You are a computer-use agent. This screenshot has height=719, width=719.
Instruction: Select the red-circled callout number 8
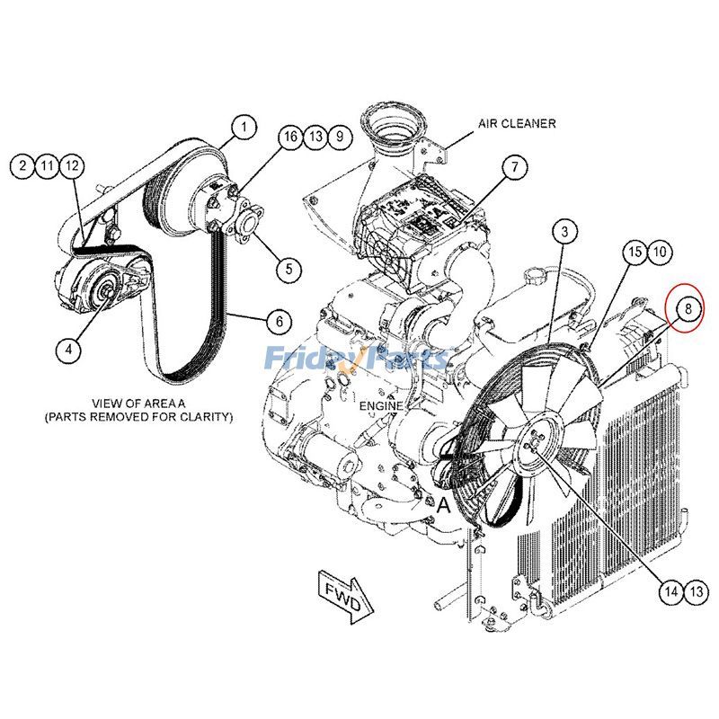click(x=687, y=310)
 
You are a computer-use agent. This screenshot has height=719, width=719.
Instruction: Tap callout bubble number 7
click(x=514, y=167)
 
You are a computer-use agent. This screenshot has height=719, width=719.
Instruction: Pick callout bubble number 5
click(x=289, y=267)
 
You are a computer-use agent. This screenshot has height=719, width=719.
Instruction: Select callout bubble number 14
click(x=670, y=590)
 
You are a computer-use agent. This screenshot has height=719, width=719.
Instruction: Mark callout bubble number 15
click(x=635, y=252)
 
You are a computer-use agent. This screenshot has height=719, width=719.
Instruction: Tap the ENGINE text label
click(x=381, y=406)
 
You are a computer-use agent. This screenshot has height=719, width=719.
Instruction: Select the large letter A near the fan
click(x=443, y=505)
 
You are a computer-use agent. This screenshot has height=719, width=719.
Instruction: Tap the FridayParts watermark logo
click(x=356, y=359)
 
